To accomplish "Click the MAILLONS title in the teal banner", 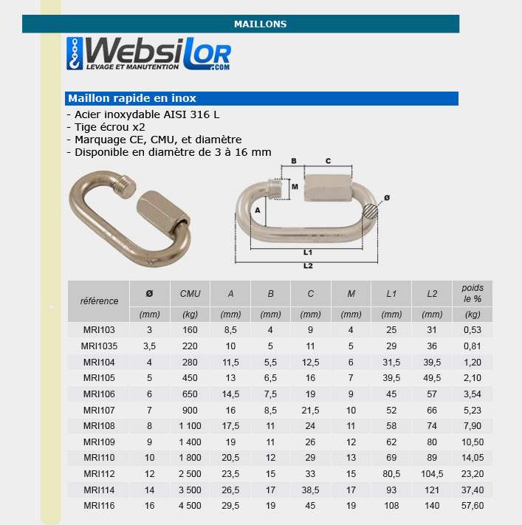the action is click(x=260, y=24).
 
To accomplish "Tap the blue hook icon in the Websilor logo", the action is click(x=75, y=54).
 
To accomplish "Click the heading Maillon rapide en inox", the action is click(x=132, y=98).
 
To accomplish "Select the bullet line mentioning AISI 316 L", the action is click(x=143, y=114).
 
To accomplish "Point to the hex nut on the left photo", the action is click(x=163, y=212).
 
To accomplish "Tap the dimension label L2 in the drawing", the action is click(x=308, y=266).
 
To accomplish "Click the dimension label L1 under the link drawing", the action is click(x=308, y=253).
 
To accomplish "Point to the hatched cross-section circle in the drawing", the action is click(x=370, y=211).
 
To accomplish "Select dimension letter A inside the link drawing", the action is click(x=258, y=210).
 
